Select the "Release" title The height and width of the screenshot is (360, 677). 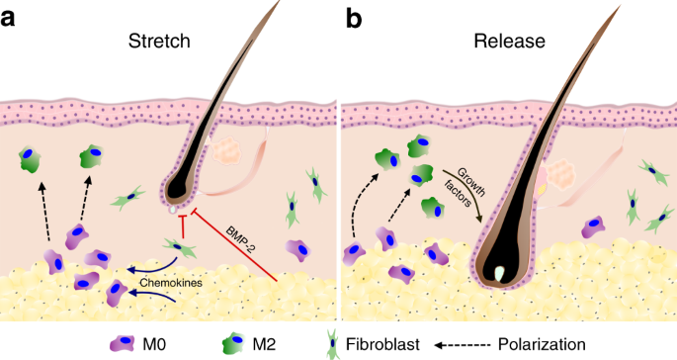[x=505, y=43]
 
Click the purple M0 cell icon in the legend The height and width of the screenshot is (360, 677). [x=121, y=343]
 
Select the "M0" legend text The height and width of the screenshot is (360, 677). [x=154, y=343]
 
